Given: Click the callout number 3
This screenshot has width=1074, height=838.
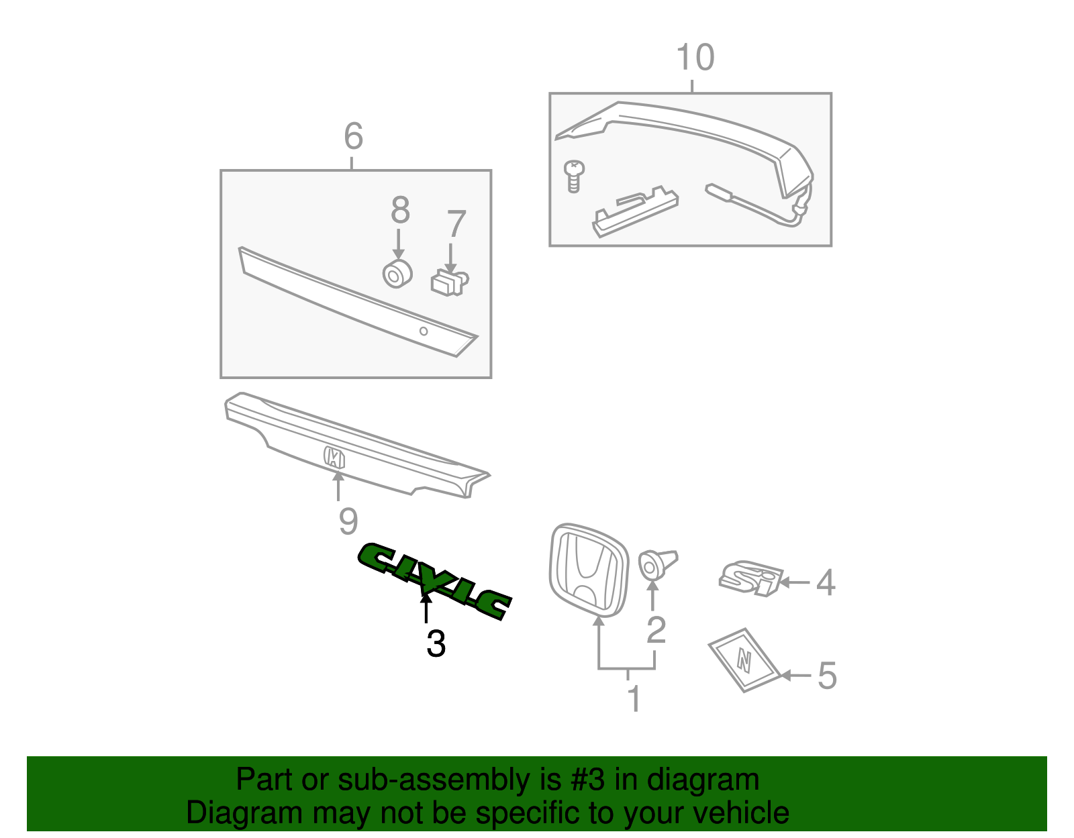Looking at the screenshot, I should pos(436,644).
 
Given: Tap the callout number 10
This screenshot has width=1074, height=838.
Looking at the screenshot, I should pos(695,58).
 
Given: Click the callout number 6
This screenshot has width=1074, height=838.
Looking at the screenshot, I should pos(353,136).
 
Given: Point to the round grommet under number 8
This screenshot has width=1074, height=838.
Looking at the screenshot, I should pos(397,274).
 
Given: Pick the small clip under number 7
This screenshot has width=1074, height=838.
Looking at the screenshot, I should pos(449,282).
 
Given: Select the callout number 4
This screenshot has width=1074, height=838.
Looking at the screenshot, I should pos(826,582).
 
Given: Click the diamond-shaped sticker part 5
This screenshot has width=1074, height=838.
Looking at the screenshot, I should pos(744,660).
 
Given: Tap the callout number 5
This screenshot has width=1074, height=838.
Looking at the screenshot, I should pos(827,675).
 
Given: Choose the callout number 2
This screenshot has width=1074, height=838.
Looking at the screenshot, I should pos(656,629).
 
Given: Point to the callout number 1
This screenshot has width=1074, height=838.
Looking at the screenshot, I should pos(634,699).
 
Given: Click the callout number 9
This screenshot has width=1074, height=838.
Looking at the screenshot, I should pos(348,521).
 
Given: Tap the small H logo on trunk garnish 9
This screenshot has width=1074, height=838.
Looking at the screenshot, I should pos(334,458).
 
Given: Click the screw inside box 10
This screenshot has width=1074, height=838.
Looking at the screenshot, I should pos(574,175).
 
